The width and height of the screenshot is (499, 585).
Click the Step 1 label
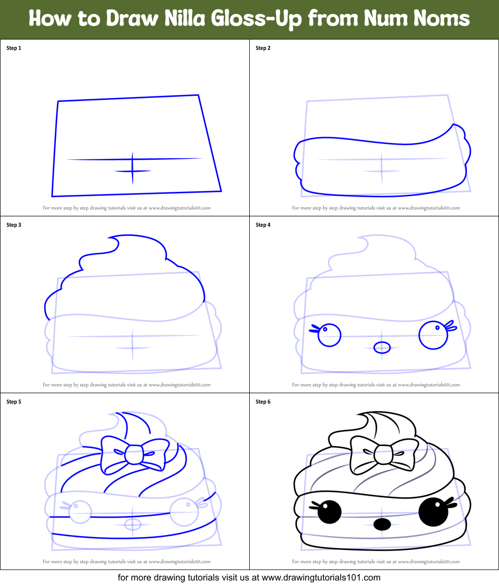coord(13,48)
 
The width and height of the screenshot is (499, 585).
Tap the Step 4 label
coord(263,225)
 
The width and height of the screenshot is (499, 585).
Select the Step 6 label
coord(263,402)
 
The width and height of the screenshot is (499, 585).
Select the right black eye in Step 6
coord(431,512)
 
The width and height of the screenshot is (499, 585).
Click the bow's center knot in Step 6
coord(383,454)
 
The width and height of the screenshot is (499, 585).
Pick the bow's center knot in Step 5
coord(133,454)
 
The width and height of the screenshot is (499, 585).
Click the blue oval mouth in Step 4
coord(382,347)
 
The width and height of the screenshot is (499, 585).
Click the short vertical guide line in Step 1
coord(132,168)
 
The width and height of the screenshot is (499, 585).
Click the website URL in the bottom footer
coord(321,578)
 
